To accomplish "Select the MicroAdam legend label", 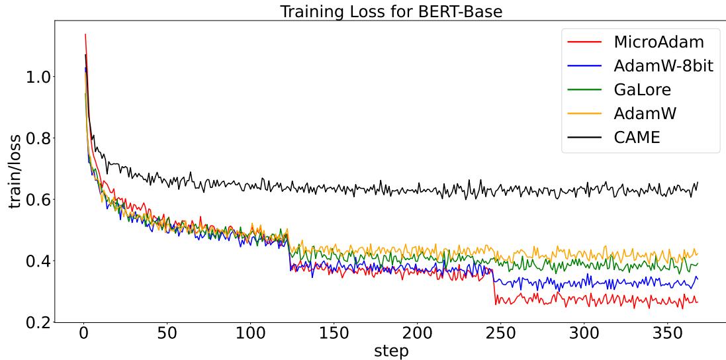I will (658, 42).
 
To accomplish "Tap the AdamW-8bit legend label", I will (663, 66).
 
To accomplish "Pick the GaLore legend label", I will (642, 90).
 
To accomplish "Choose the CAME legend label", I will (637, 138).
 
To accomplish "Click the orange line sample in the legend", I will (584, 114).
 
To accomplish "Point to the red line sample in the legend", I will (584, 42).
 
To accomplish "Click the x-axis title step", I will (391, 350).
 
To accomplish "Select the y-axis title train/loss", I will (15, 171).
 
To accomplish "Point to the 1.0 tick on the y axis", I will (38, 77).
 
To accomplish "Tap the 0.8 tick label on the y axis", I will (38, 138).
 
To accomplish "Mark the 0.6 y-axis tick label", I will (38, 200).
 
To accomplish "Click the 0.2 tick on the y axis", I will (38, 322).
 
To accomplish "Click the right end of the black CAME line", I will (698, 183).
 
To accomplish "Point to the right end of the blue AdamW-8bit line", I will (698, 279).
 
